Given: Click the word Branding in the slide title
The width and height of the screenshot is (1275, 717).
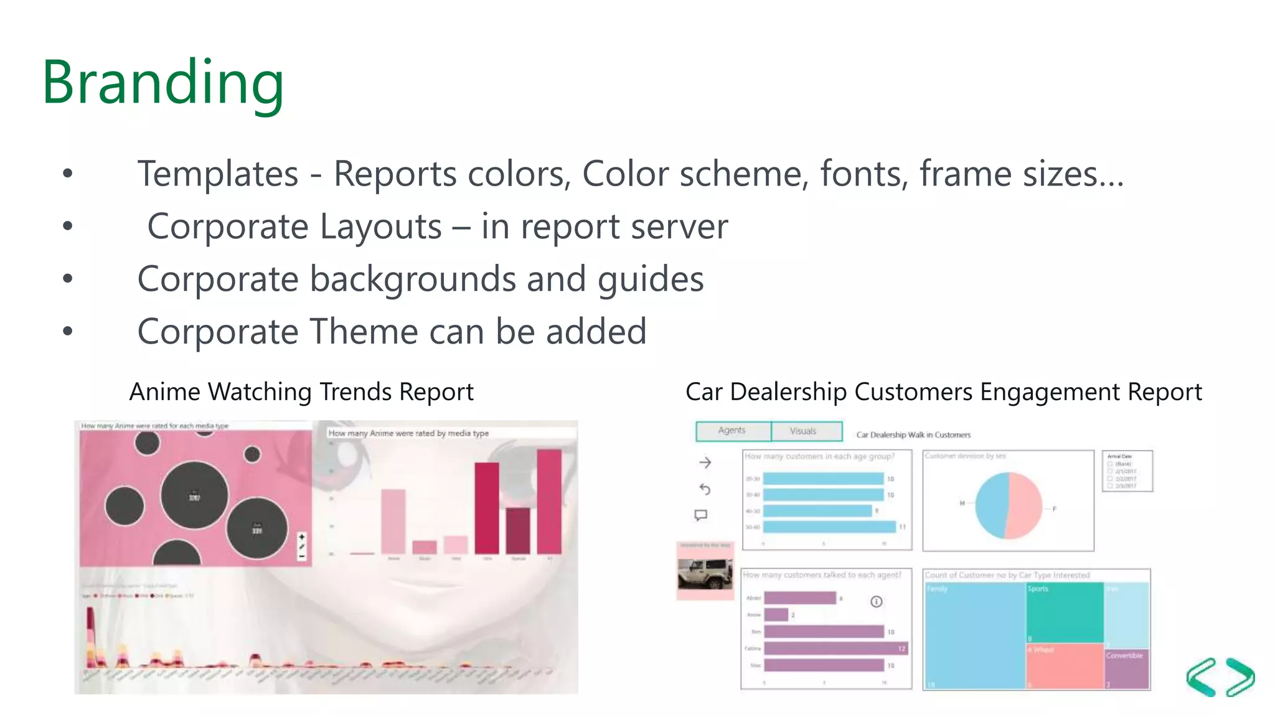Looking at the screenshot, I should click(x=162, y=83).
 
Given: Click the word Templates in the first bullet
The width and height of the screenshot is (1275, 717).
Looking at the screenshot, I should click(x=218, y=174).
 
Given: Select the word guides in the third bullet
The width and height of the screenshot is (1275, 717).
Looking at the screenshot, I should click(x=651, y=279).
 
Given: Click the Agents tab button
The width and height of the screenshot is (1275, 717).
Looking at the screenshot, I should click(x=732, y=431).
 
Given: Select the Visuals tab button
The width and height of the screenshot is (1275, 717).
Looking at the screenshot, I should click(x=804, y=431).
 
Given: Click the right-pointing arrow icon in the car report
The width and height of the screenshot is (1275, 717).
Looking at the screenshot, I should click(x=705, y=462).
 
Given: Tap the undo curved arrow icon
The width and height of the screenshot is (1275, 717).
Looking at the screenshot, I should click(x=705, y=489).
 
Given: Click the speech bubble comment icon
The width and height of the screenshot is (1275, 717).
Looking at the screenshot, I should click(x=701, y=515).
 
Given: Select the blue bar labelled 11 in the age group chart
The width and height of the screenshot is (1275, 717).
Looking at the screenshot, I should click(x=829, y=527).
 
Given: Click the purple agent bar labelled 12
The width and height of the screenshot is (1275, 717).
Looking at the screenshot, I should click(x=835, y=649).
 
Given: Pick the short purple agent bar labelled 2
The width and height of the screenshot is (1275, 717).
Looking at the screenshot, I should click(x=776, y=615).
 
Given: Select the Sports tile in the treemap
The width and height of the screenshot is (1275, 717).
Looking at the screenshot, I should click(x=1065, y=613).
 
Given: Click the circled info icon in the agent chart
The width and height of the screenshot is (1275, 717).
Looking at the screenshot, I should click(x=876, y=601).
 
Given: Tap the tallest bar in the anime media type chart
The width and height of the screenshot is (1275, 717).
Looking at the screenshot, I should click(x=549, y=501).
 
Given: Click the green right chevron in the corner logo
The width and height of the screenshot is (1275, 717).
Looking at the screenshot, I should click(x=1240, y=677).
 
